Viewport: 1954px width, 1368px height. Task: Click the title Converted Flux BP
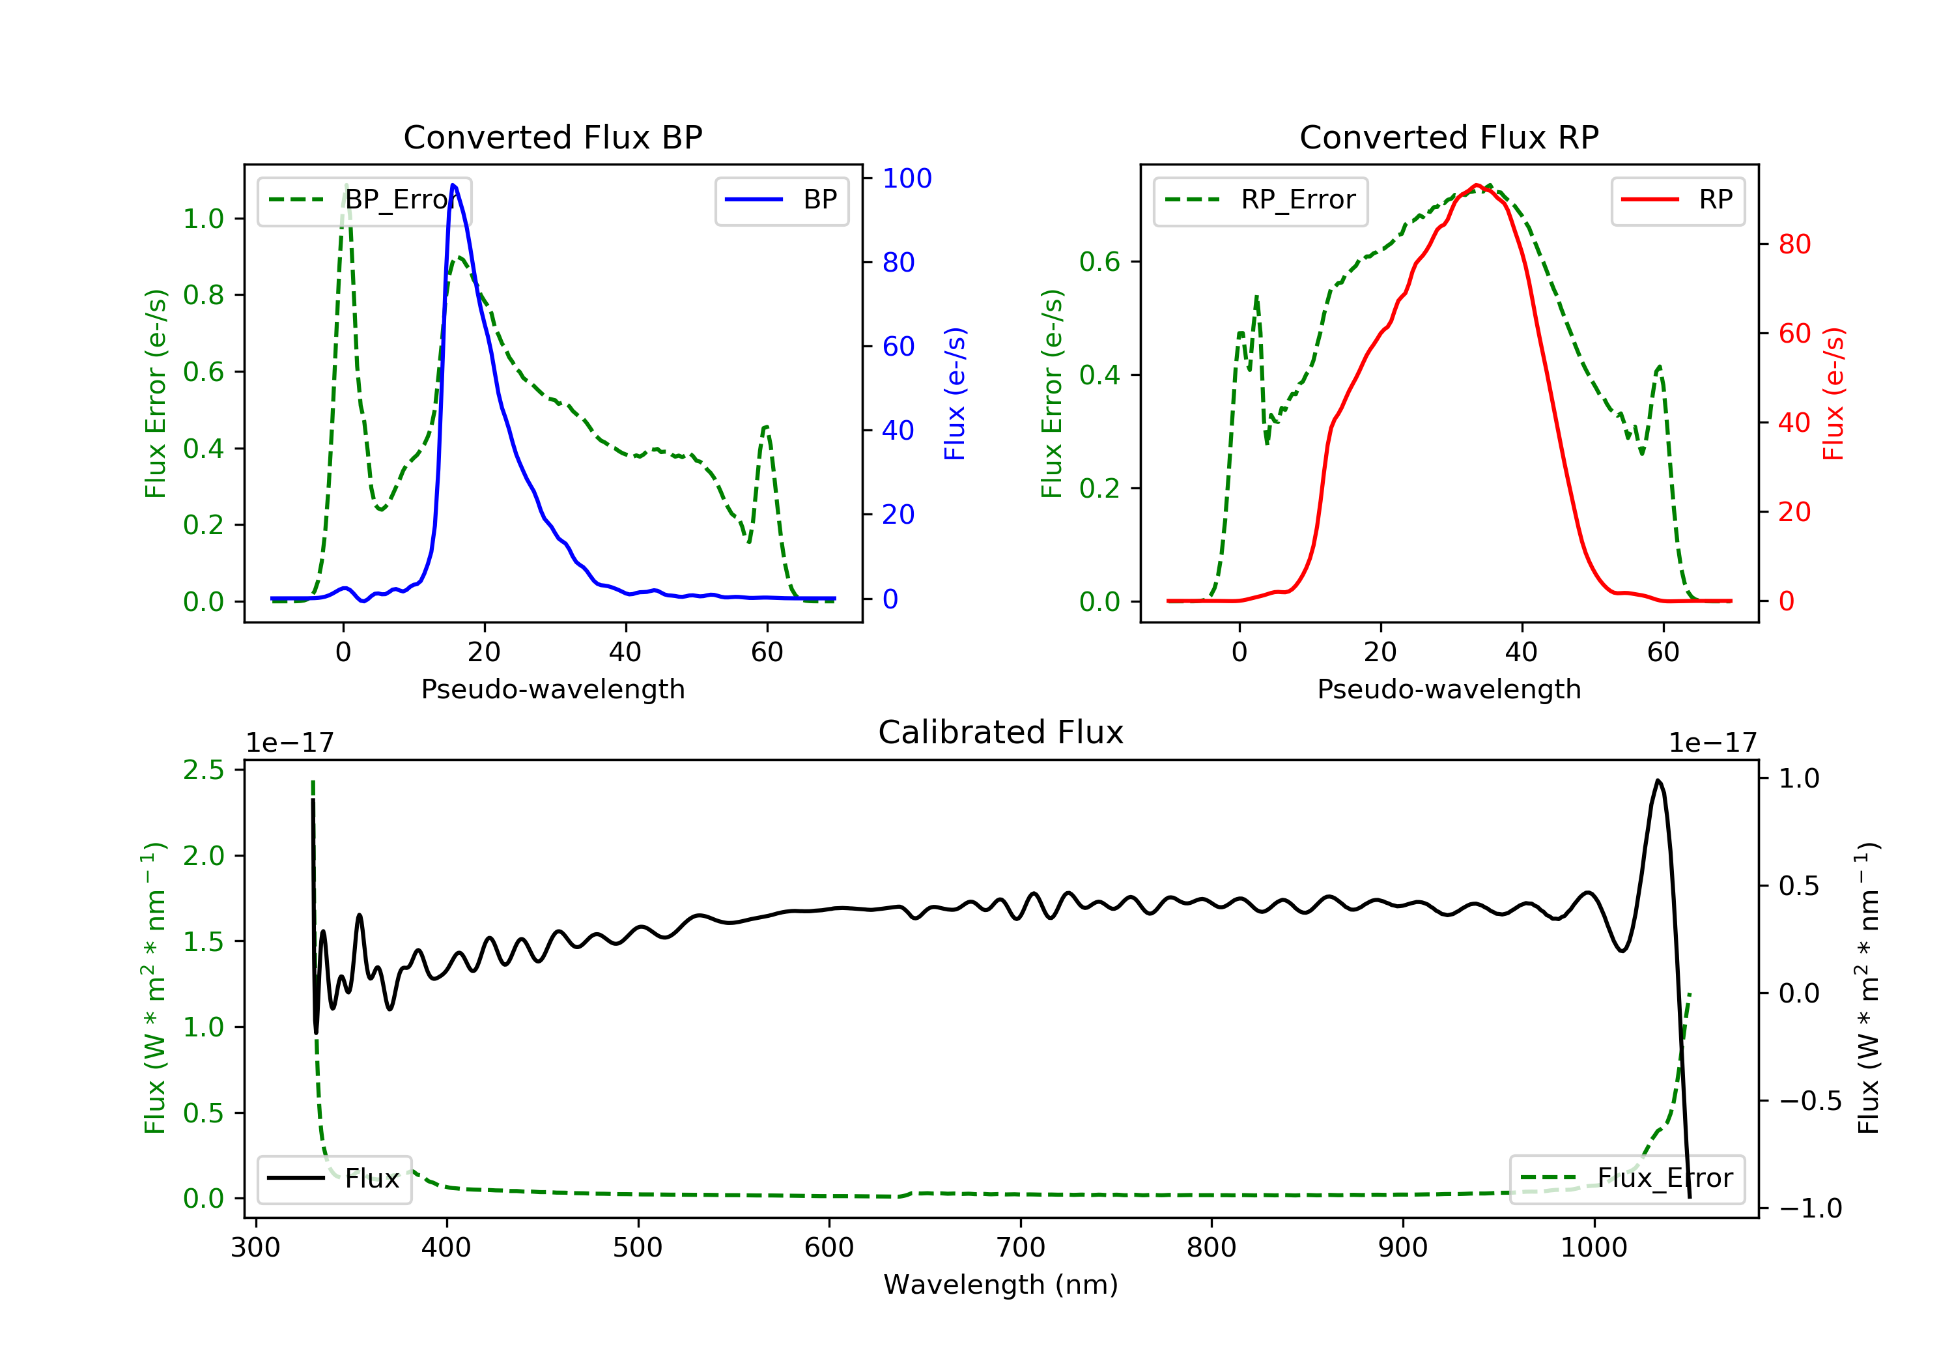(x=552, y=137)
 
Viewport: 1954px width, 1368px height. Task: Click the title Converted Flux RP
(x=1449, y=137)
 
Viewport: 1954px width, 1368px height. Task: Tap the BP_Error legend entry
(x=364, y=200)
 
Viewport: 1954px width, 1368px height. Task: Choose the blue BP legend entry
(x=781, y=200)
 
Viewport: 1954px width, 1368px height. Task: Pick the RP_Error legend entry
(x=1260, y=200)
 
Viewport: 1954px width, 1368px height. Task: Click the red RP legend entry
(x=1677, y=200)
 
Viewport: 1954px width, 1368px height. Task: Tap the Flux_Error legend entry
(x=1626, y=1179)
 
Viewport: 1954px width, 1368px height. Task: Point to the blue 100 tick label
(x=907, y=178)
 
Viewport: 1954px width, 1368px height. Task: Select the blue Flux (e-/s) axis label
(x=955, y=393)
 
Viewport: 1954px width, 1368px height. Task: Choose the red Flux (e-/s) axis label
(x=1833, y=393)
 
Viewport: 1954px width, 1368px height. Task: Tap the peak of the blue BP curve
(x=453, y=185)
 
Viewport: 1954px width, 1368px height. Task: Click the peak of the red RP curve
(x=1477, y=185)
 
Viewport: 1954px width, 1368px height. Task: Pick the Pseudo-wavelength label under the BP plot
(x=552, y=689)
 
